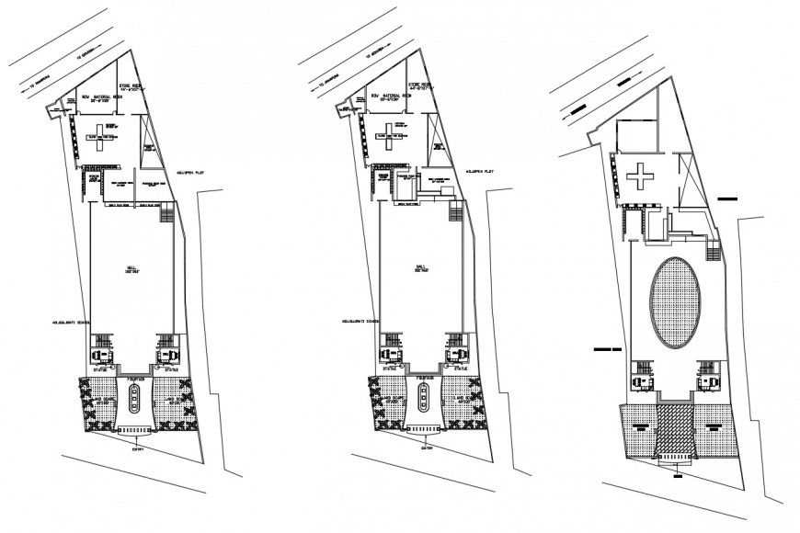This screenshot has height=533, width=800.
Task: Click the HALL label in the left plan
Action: (131, 267)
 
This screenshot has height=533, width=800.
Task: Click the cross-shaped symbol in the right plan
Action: (638, 175)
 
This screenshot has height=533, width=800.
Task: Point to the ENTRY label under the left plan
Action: (138, 448)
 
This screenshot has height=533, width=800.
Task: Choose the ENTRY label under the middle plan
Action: (427, 448)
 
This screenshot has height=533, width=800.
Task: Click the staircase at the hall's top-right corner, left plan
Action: (166, 214)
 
